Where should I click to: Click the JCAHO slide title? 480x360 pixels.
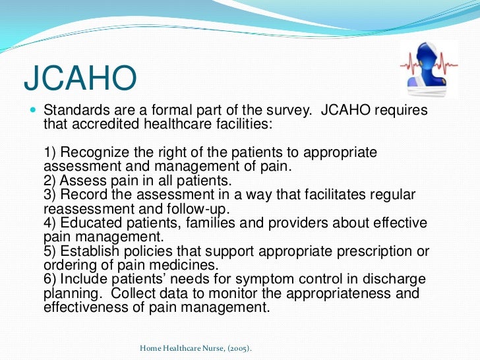(80, 78)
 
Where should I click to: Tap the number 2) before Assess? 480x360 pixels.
(51, 181)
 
